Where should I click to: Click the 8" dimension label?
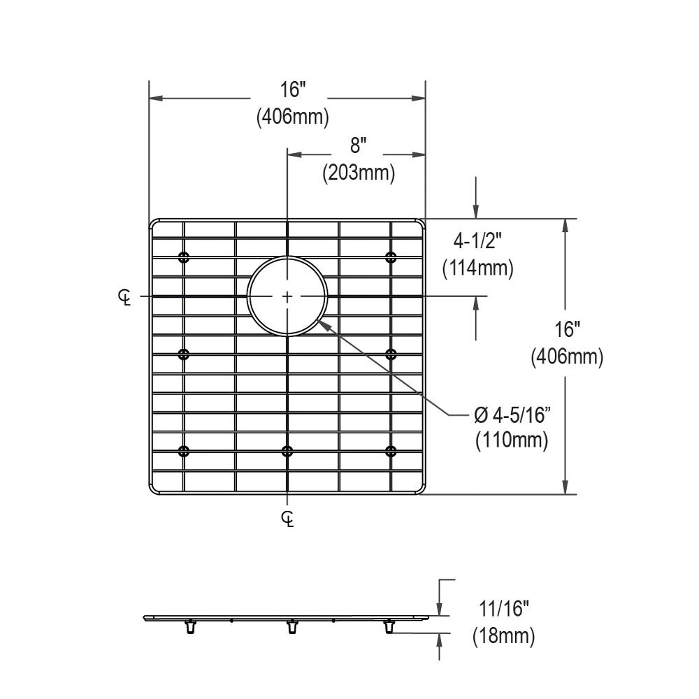[x=358, y=146]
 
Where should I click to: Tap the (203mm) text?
[x=359, y=173]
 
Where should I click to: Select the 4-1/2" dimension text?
[x=477, y=242]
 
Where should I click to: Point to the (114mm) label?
[x=478, y=268]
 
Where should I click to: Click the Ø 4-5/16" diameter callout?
[x=512, y=415]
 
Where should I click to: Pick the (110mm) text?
[x=512, y=440]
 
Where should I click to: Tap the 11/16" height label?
[x=504, y=609]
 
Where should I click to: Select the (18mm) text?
[x=504, y=635]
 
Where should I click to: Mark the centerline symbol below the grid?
[x=287, y=519]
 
